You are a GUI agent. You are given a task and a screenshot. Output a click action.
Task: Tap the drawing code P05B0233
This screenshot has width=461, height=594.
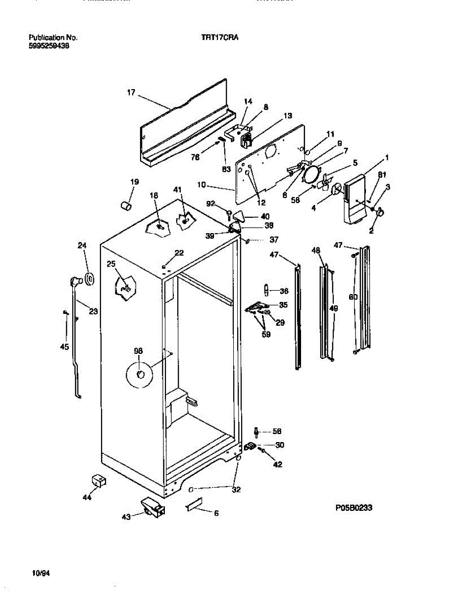pos(353,507)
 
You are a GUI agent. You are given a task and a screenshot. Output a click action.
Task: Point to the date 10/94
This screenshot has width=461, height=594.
pos(41,573)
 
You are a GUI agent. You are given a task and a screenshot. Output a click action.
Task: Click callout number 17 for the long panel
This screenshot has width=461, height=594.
pos(131,92)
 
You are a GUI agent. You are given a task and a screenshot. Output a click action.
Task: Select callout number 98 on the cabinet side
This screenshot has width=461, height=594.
pos(138,350)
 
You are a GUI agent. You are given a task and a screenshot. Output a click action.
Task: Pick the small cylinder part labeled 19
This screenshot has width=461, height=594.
pos(126,204)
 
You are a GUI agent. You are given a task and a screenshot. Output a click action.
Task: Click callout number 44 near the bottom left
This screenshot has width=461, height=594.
pos(87,497)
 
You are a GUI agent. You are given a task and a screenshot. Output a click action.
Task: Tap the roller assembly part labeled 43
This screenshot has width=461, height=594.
pos(152,507)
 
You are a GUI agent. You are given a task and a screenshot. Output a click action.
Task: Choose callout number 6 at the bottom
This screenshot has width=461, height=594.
pos(216,513)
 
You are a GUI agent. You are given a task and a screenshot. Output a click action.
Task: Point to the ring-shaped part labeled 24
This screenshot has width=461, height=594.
pos(90,279)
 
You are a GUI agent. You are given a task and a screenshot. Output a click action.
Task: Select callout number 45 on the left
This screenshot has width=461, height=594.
pos(64,347)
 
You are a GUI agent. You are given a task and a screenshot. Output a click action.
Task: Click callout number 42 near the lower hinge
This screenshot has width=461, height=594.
pos(278,464)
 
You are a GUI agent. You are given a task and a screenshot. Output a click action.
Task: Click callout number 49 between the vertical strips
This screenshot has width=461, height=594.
pos(333,308)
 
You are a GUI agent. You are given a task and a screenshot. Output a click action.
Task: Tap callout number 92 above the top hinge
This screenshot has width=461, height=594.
pos(211,203)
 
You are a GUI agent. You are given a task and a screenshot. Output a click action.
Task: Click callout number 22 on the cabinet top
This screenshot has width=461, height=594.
pos(179,252)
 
